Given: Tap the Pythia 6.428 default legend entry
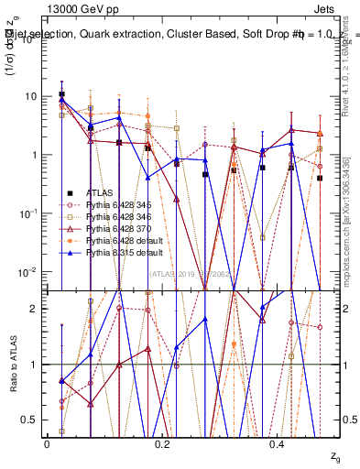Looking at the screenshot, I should click(x=120, y=240).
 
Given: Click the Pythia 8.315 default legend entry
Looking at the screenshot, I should click(x=120, y=252).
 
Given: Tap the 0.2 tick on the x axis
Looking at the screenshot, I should click(x=162, y=442).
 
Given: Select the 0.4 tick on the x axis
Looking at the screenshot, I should click(x=278, y=442).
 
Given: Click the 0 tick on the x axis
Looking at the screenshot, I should click(x=47, y=442).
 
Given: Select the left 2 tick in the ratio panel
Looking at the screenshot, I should click(x=35, y=309).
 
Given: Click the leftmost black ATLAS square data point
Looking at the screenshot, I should click(x=61, y=94).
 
